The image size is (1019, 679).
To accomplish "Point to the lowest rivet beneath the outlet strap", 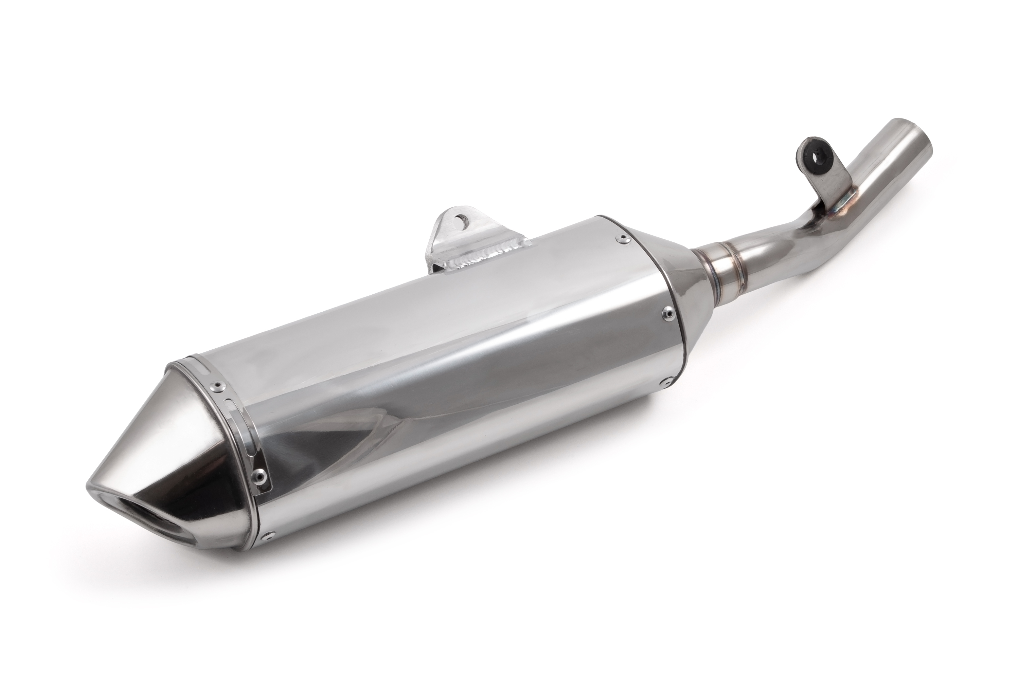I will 267,536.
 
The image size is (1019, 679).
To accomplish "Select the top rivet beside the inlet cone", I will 623,237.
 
